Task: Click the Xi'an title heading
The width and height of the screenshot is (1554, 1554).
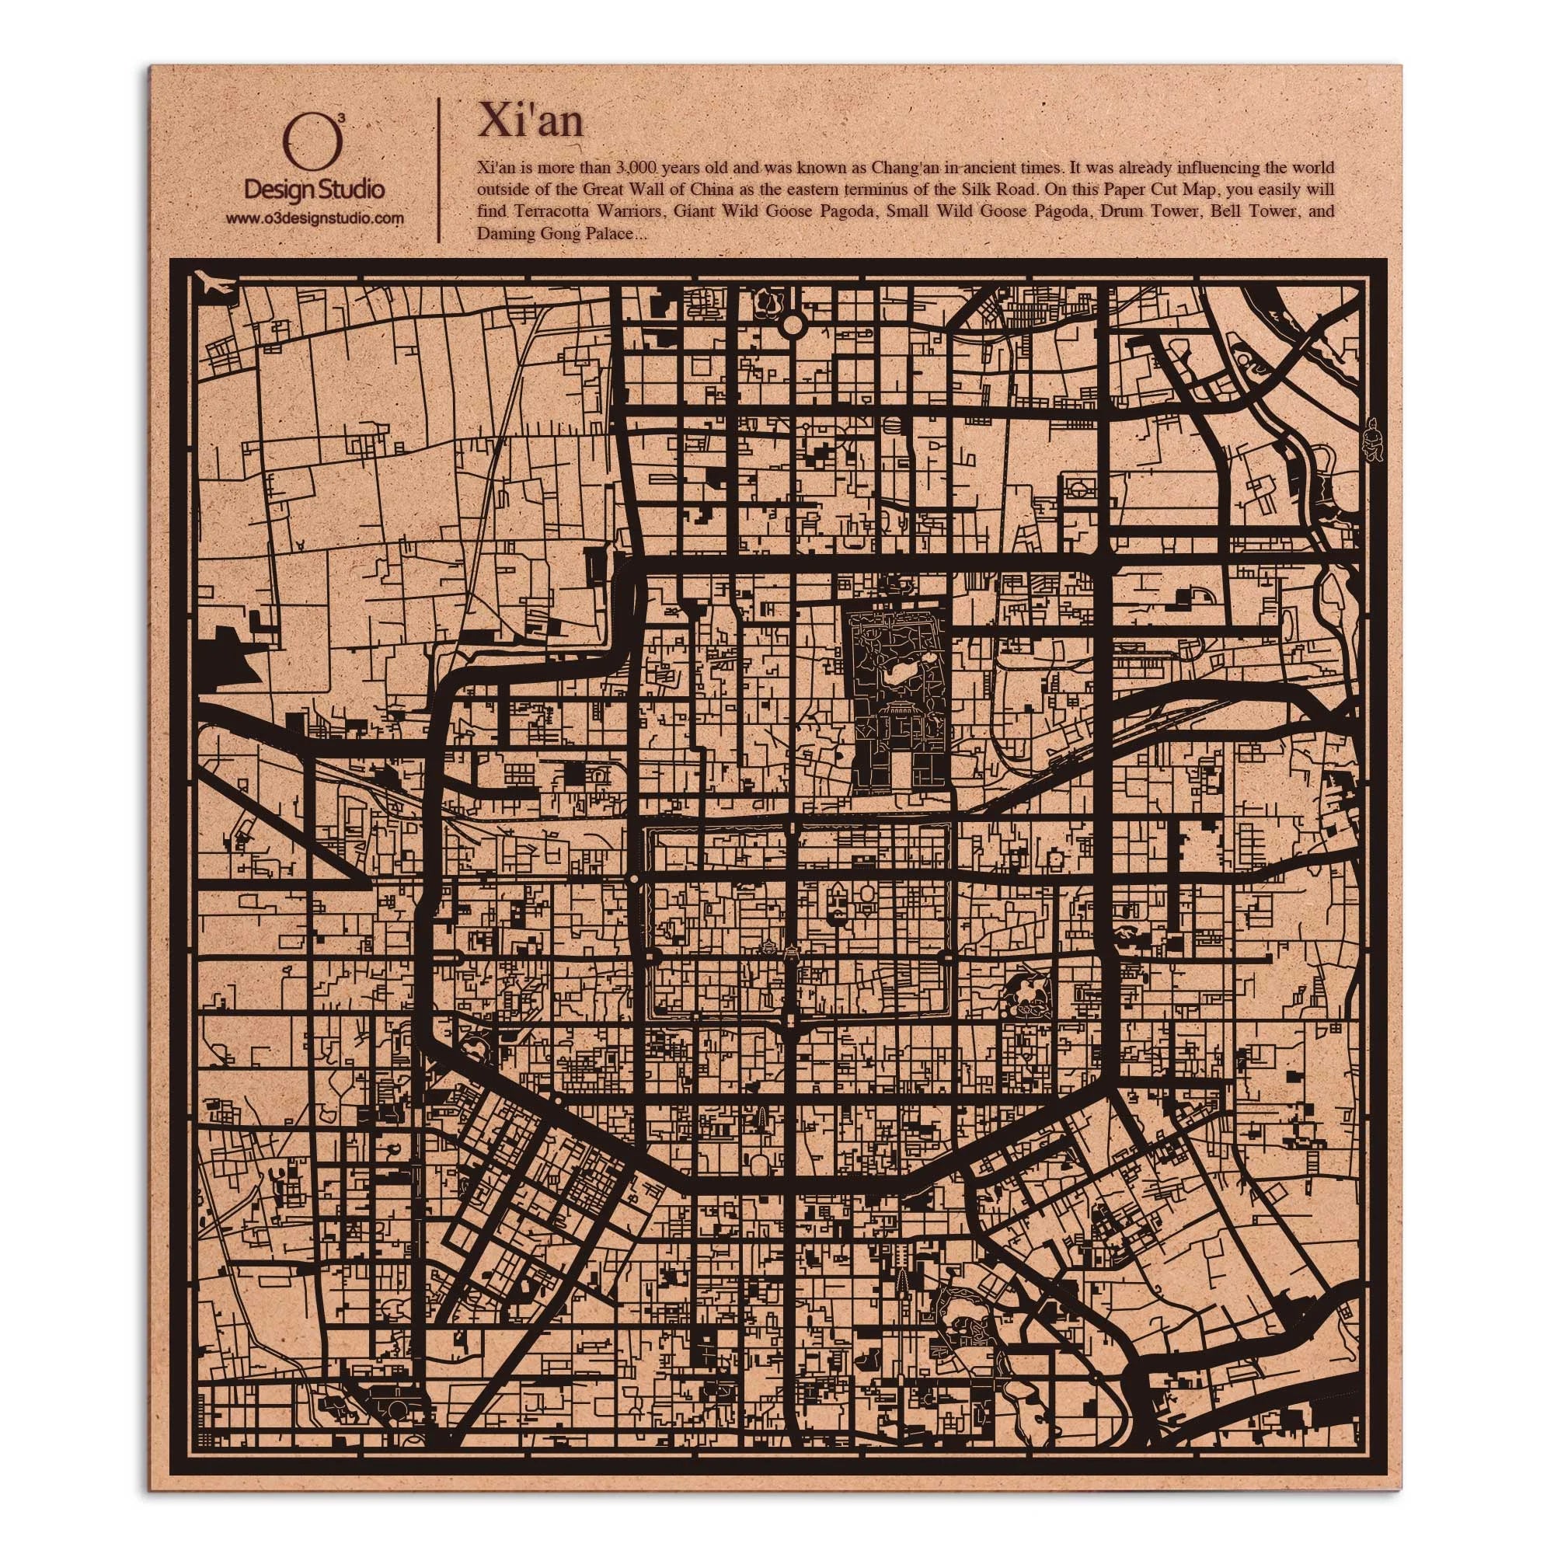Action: [x=529, y=121]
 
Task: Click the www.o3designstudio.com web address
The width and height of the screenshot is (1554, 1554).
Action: [x=314, y=219]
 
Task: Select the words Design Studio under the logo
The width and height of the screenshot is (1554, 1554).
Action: [x=314, y=190]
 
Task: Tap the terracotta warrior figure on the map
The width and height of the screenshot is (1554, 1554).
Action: [x=1371, y=438]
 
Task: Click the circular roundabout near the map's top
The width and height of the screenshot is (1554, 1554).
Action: [x=793, y=324]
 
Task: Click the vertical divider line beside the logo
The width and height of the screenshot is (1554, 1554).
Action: [x=438, y=169]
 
